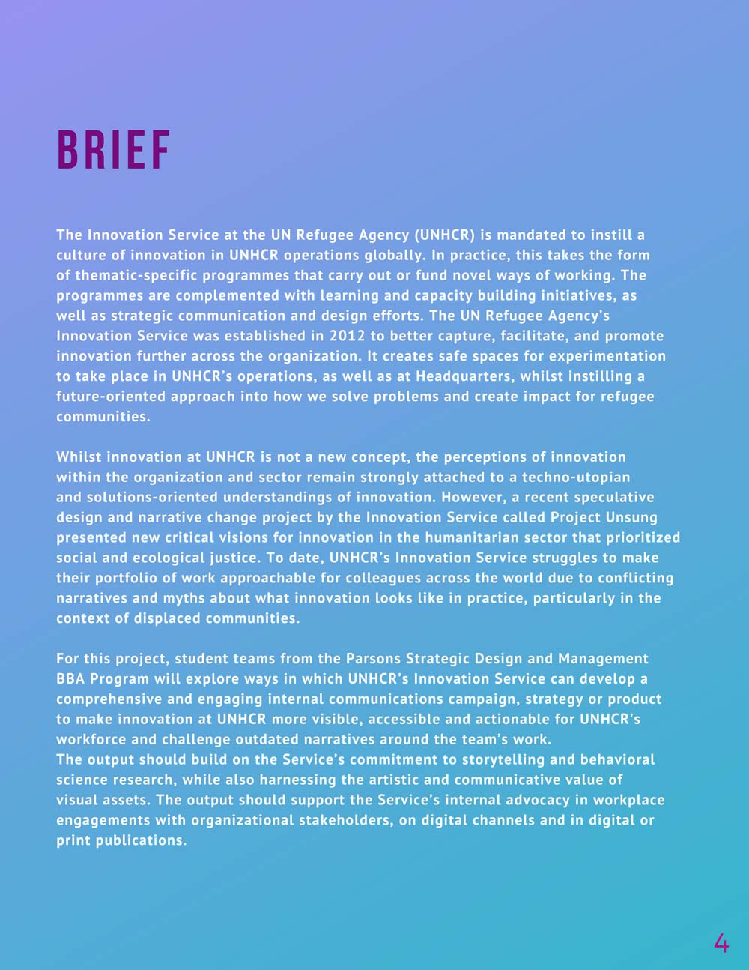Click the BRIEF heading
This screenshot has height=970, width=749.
coord(114,150)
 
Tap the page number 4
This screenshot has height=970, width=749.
coord(721,942)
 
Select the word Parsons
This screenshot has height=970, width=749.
coord(373,659)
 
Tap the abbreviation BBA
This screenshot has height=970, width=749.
coord(70,679)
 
